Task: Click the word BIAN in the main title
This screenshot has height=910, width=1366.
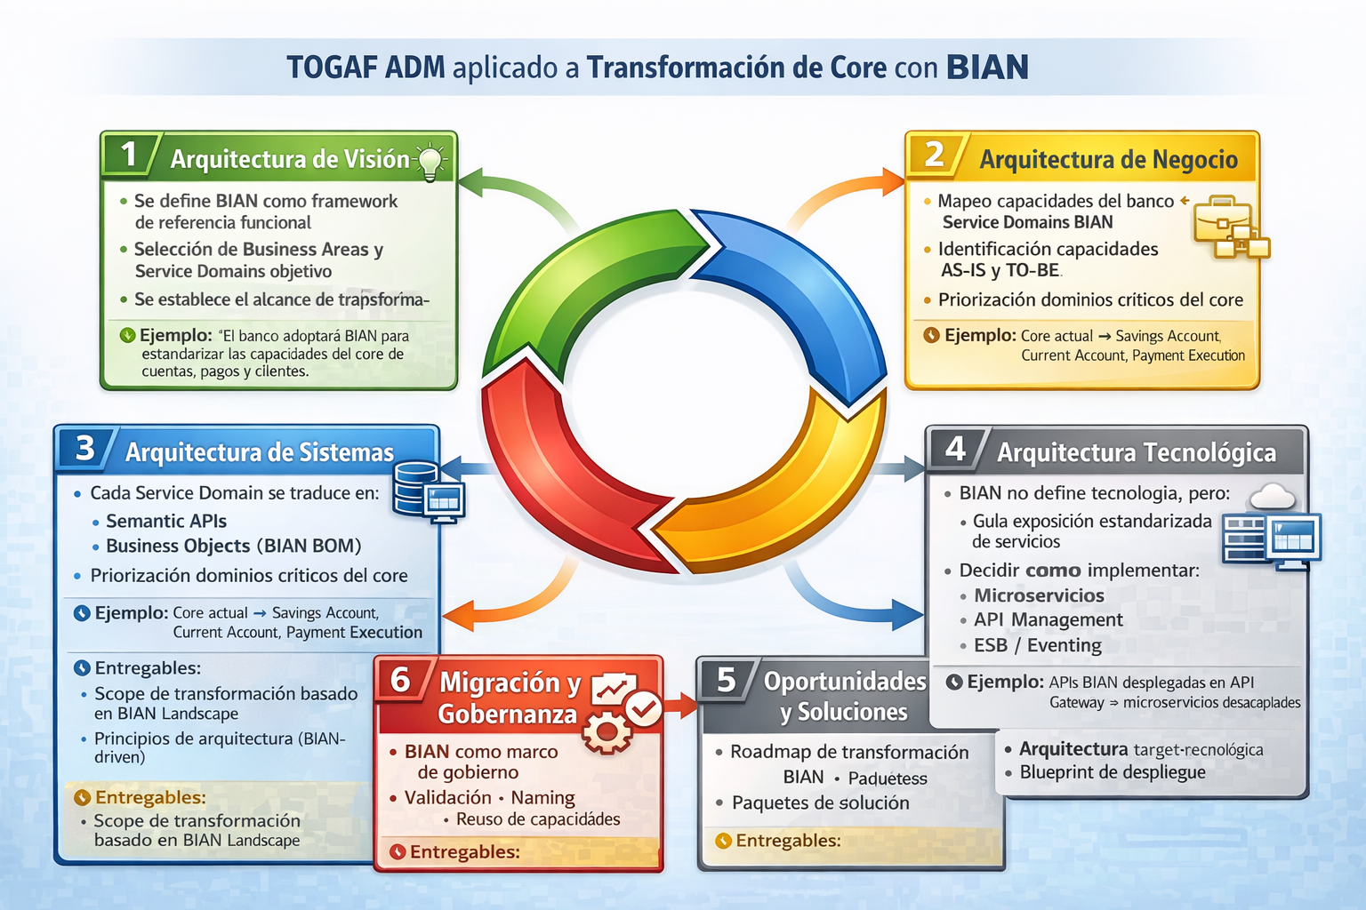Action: (987, 67)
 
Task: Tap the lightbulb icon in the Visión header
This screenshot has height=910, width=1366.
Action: (430, 161)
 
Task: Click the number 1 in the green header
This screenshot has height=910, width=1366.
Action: (129, 154)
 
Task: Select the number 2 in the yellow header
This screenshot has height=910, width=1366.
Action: (935, 155)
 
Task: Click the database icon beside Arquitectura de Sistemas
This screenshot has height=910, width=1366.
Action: (416, 489)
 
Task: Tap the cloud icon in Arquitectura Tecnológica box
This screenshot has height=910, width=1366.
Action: (1272, 497)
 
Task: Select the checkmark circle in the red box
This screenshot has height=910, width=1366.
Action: (644, 709)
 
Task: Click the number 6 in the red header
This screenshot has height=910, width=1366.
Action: (400, 680)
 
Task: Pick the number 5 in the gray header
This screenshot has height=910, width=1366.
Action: (726, 680)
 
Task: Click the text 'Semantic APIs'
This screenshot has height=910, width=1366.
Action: (166, 521)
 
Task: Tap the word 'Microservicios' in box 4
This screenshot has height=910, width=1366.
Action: (1039, 595)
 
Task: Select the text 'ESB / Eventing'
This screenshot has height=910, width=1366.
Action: (1037, 645)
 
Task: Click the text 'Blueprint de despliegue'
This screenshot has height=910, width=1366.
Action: (1113, 772)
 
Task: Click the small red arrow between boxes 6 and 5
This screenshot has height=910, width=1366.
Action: (680, 706)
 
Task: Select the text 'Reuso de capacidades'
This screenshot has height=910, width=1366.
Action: (538, 819)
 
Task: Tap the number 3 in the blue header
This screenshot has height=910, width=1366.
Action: (84, 448)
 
